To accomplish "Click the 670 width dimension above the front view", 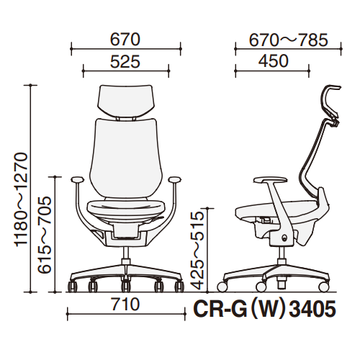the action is [x=125, y=40].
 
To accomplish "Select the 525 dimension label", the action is [x=125, y=62].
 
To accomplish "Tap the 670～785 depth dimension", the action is [x=288, y=40].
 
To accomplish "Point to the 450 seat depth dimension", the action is [x=274, y=61].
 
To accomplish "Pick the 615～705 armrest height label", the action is [x=45, y=235].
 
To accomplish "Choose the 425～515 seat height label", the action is [x=197, y=251].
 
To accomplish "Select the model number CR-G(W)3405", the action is [x=264, y=310].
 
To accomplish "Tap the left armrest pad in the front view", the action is [x=77, y=179].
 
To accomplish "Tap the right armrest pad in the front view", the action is [x=175, y=179].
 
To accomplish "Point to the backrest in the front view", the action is [x=124, y=158].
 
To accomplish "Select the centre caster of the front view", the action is [x=125, y=285].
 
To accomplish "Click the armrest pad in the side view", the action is [x=270, y=180].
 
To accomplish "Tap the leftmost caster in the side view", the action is [x=222, y=287].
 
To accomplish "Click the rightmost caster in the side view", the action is [x=324, y=287].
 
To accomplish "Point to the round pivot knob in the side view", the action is [x=285, y=238].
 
